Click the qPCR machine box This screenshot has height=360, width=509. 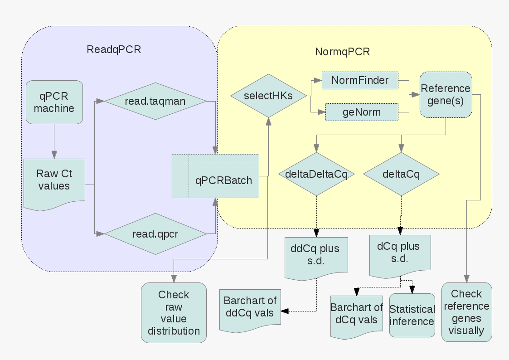54,102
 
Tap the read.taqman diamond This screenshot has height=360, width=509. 155,101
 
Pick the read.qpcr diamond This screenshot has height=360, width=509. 155,234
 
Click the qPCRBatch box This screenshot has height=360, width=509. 216,176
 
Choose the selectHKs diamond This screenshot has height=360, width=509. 268,96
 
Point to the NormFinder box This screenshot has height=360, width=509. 360,81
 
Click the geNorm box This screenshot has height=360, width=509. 362,112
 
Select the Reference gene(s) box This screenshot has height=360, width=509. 446,94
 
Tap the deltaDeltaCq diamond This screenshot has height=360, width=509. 316,174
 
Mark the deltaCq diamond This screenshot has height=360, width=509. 401,174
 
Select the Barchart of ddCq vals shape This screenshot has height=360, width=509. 250,311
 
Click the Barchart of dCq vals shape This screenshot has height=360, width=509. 356,317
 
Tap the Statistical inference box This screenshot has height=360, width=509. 412,315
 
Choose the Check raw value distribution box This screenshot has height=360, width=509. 174,312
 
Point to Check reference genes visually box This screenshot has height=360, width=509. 466,312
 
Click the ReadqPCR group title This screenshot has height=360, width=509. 114,49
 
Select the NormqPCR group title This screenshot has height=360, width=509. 343,52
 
